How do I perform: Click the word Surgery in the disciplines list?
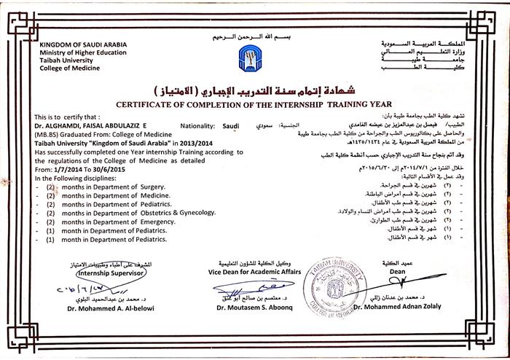[x=152, y=187]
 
